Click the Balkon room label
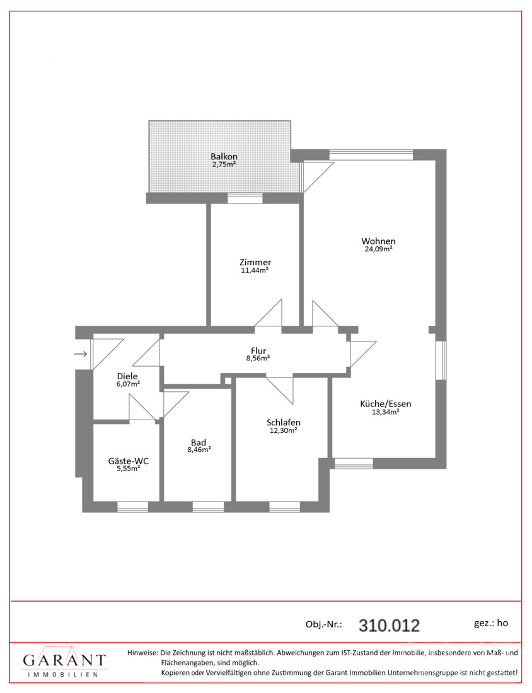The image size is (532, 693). (x=224, y=156)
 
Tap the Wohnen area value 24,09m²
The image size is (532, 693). (x=379, y=249)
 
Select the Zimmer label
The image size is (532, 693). (x=255, y=262)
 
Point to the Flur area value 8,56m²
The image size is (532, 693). (x=258, y=358)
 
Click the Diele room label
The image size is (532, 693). (x=127, y=376)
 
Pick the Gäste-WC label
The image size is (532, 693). (x=128, y=461)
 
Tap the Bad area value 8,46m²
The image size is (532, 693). (x=199, y=450)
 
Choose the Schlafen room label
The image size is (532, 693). (x=284, y=423)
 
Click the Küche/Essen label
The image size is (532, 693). (x=386, y=403)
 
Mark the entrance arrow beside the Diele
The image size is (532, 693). (x=80, y=353)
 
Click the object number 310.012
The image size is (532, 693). (x=389, y=626)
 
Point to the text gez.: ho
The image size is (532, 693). (x=491, y=623)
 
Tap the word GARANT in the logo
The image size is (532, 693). (x=64, y=661)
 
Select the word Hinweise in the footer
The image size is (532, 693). (x=142, y=652)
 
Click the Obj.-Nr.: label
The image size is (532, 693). (x=324, y=624)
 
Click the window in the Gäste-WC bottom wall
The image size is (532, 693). (x=132, y=507)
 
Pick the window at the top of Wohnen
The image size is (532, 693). (x=371, y=155)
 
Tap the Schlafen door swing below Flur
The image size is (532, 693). (x=279, y=391)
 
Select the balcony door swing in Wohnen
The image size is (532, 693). (x=318, y=177)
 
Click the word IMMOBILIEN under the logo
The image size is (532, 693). (x=63, y=675)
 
